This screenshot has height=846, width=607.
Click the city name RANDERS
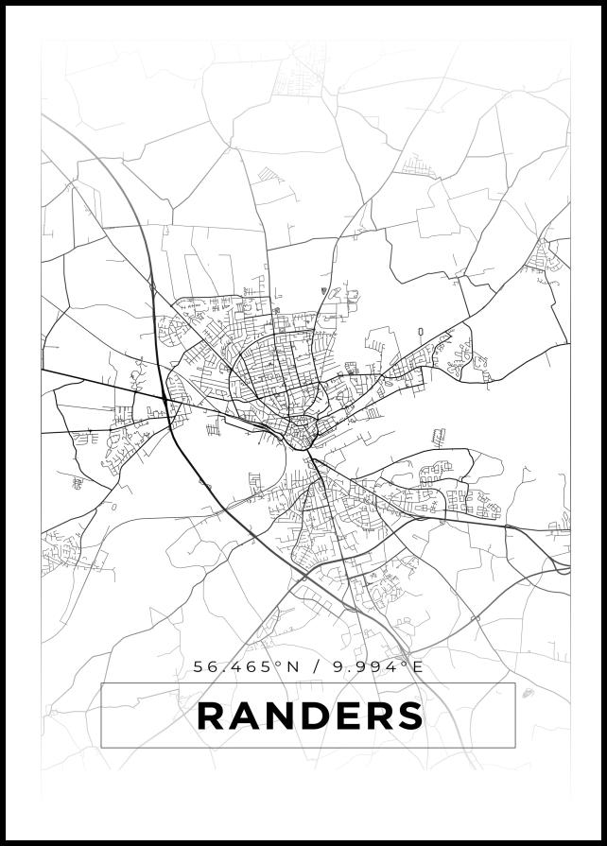309,716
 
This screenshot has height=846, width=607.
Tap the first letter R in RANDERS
211,716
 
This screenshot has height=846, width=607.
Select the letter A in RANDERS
244,716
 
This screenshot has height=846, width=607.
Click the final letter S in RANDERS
409,716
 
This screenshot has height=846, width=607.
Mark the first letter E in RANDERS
346,716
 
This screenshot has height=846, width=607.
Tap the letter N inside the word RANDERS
278,716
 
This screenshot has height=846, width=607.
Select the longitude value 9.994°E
379,666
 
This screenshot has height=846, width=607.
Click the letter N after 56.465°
292,666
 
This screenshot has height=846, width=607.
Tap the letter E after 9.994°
418,666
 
